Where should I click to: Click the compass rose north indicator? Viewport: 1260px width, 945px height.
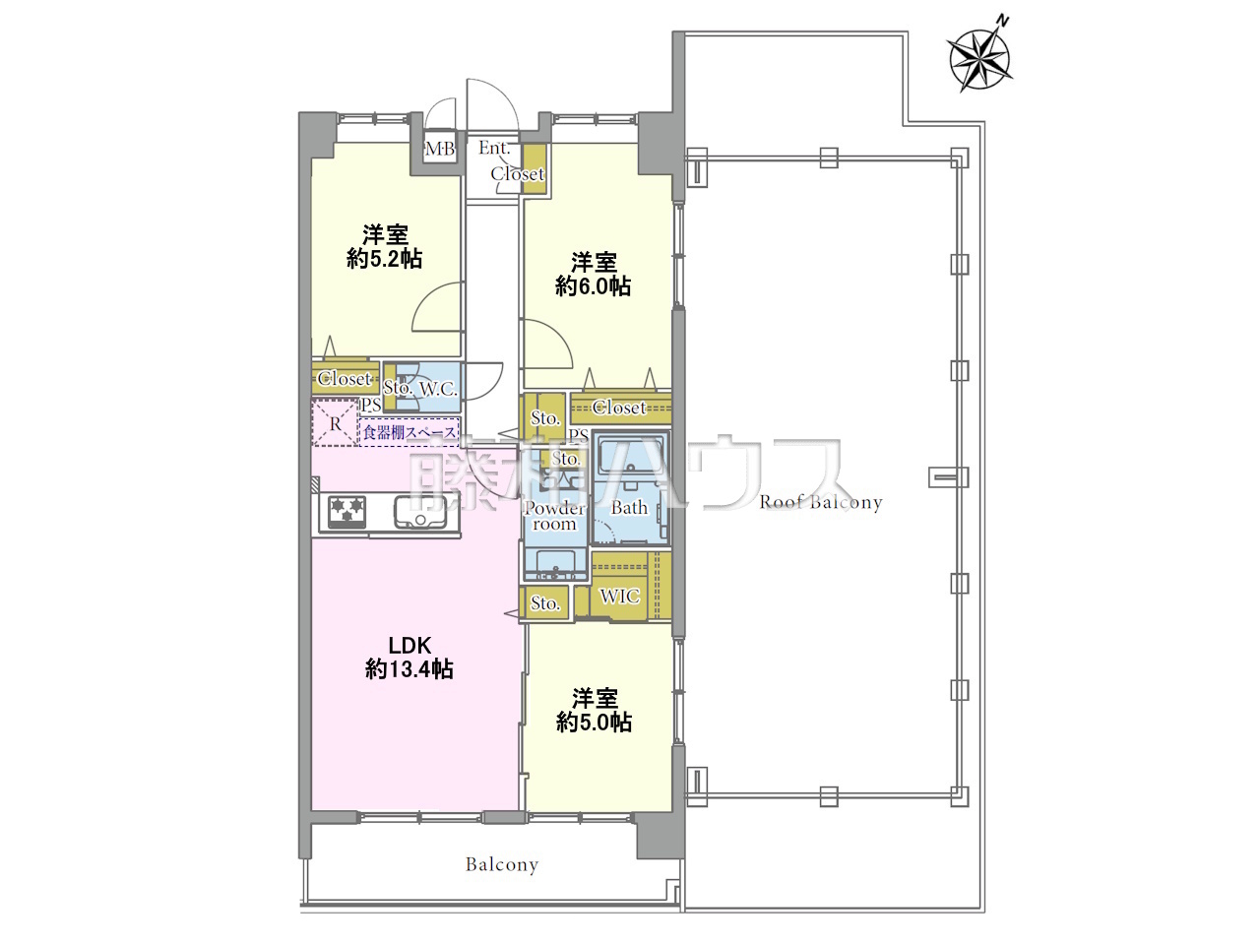click(979, 58)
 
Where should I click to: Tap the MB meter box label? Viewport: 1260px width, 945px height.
click(440, 150)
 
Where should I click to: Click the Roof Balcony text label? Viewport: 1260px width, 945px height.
click(820, 502)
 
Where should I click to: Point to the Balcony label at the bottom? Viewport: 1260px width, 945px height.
click(502, 864)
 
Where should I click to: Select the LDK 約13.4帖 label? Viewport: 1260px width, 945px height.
click(409, 658)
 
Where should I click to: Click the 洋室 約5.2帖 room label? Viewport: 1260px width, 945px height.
click(385, 247)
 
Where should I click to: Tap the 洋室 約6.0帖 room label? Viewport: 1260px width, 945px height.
click(593, 274)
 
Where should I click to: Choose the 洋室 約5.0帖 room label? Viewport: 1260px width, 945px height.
click(595, 710)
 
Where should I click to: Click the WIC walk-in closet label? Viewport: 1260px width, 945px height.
click(619, 597)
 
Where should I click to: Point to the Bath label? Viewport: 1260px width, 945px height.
click(629, 508)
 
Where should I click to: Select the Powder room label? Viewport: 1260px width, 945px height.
click(554, 516)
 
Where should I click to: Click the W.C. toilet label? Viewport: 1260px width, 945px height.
click(438, 389)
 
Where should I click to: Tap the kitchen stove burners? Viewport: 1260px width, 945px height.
click(346, 511)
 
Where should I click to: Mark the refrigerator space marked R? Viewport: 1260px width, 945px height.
click(336, 423)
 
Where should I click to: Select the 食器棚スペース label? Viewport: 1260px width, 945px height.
click(409, 432)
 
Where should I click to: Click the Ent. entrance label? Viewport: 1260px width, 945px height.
click(494, 148)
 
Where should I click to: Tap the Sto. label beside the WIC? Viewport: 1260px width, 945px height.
click(544, 603)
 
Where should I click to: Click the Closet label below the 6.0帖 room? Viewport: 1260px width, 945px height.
click(619, 408)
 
